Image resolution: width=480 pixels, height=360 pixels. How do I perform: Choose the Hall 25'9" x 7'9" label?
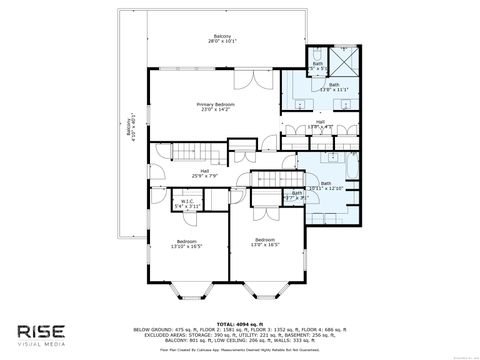pos(204,173)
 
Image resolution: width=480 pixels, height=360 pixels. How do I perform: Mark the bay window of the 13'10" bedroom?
pos(187,292)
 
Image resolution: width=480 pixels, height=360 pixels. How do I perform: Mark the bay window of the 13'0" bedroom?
pos(264,292)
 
